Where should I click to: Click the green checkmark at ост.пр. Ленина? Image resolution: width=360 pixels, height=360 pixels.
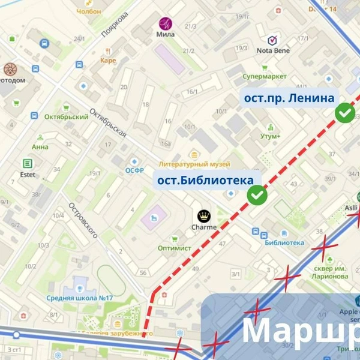point(344,113)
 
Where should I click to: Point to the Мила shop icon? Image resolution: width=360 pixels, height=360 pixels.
point(164,24)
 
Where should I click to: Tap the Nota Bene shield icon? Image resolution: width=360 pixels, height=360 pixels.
point(272,40)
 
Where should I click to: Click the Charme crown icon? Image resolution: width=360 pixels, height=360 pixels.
point(204,215)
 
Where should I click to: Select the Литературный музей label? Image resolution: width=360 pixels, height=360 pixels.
point(194,164)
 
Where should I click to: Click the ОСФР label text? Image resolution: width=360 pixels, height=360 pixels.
point(134,170)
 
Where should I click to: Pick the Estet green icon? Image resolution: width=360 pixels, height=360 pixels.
point(28,164)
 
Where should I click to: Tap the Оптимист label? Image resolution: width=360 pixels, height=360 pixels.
point(174,248)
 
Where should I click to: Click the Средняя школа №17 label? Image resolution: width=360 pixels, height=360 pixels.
point(80,298)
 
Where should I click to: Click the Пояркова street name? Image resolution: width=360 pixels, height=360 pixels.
point(116,26)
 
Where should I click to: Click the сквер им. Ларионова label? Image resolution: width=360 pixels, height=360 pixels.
point(330,272)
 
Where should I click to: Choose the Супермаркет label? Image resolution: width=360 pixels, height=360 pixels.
point(264,77)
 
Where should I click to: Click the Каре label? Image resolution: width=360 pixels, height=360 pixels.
point(108,60)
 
